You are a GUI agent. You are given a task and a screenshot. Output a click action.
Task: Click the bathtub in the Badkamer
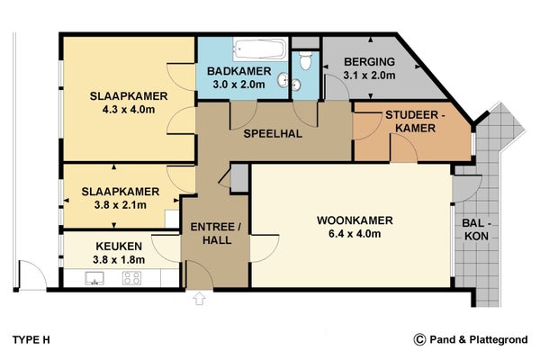(x=260, y=49)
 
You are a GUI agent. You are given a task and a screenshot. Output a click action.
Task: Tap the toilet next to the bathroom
(x=305, y=60)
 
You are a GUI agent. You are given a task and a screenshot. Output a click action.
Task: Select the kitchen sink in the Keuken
(x=94, y=278)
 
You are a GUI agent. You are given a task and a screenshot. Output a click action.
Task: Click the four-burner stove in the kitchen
(x=131, y=278)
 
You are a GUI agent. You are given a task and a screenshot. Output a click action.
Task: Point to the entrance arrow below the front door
(x=199, y=298)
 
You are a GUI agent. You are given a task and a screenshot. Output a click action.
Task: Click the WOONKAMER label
(x=355, y=220)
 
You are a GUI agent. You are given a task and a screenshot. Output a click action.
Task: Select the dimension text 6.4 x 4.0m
(x=355, y=234)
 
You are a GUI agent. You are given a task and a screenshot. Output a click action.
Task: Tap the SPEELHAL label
(x=273, y=134)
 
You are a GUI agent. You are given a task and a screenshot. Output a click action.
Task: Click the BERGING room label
(x=370, y=62)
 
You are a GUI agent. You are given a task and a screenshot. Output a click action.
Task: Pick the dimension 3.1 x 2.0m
(x=370, y=75)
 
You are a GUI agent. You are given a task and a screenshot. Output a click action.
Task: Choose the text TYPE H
(x=31, y=340)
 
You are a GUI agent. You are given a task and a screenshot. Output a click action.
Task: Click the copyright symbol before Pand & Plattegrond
(x=419, y=339)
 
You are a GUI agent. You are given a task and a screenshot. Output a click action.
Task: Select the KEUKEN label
(x=119, y=247)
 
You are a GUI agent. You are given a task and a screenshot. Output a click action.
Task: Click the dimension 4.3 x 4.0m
(x=129, y=110)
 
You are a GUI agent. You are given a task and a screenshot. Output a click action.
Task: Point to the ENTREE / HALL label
(x=216, y=234)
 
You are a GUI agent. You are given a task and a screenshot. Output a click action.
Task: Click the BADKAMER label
(x=239, y=71)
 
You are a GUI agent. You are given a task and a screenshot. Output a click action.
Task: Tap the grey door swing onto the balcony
(x=465, y=189)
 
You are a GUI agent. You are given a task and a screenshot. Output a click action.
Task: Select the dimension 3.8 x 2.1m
(x=121, y=205)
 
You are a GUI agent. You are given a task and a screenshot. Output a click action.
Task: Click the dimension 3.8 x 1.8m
(x=119, y=260)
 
